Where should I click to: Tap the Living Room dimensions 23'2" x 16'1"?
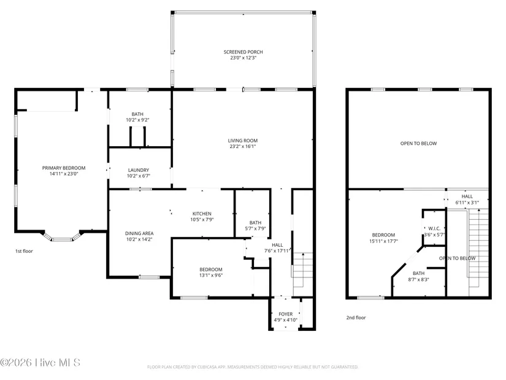(x=243, y=146)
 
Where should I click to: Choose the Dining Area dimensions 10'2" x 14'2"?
(x=139, y=239)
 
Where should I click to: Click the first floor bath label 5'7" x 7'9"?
(x=255, y=225)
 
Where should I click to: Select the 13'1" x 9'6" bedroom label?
(x=211, y=273)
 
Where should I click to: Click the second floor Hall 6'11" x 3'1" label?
(x=467, y=200)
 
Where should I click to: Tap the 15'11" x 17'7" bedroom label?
(x=383, y=238)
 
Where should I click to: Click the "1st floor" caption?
(x=24, y=251)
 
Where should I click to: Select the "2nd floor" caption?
(x=356, y=317)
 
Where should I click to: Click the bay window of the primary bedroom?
(x=62, y=238)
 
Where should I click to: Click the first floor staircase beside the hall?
(x=303, y=269)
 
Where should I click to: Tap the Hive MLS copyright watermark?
(x=40, y=363)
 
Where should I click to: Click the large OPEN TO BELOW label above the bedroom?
(x=418, y=144)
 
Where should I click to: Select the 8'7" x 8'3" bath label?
(x=418, y=277)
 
